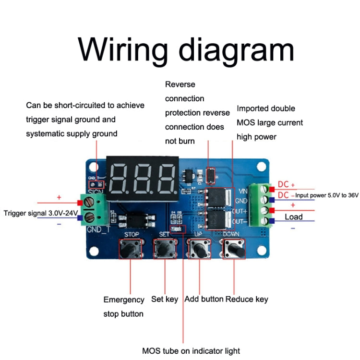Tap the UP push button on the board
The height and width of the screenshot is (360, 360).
point(199,249)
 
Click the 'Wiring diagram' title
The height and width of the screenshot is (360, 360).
point(186,49)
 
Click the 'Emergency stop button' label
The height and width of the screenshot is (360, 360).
point(124,307)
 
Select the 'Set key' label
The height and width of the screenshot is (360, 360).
point(165,300)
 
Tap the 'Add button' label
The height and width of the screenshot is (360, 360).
point(204,300)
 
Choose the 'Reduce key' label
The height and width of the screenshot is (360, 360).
point(247,300)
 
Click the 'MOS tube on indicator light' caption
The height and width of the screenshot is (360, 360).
point(191,351)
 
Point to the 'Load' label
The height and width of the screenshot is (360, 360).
point(294,217)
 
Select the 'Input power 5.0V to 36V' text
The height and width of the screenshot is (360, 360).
point(326,196)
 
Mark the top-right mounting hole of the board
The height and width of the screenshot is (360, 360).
point(261,167)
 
